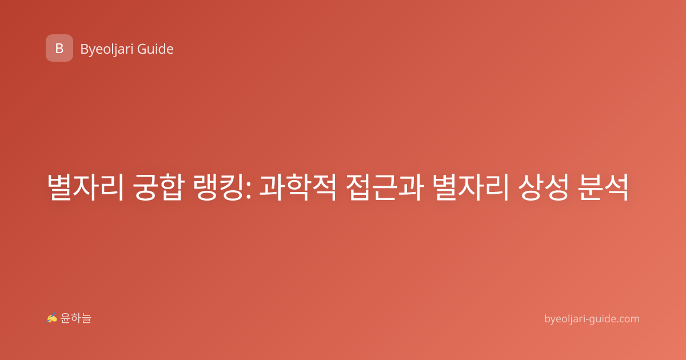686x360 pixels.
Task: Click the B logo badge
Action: [59, 48]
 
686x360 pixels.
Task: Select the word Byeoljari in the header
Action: [106, 49]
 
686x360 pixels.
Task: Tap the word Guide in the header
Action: [155, 49]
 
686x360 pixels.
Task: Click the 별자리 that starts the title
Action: [85, 187]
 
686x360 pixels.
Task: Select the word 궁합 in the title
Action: [158, 187]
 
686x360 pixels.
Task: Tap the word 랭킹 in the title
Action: [218, 187]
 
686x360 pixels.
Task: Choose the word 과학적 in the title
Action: [297, 187]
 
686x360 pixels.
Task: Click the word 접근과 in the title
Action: [385, 187]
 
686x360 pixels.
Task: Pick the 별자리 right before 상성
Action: [472, 187]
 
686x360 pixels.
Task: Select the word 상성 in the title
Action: [544, 187]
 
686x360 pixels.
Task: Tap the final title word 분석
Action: [603, 187]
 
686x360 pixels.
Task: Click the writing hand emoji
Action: [52, 318]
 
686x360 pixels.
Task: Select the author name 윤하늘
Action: [75, 318]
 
